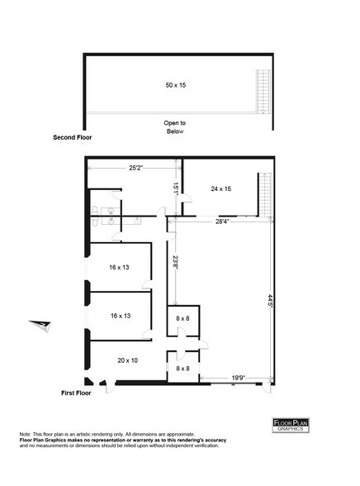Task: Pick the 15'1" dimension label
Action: pos(175,188)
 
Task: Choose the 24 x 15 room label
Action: pos(220,188)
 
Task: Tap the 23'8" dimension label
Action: pos(175,263)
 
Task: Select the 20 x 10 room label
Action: pos(129,360)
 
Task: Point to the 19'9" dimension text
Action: pos(237,378)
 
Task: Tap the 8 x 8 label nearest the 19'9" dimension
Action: pos(182,368)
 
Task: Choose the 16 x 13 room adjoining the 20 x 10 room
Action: pos(121,315)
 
